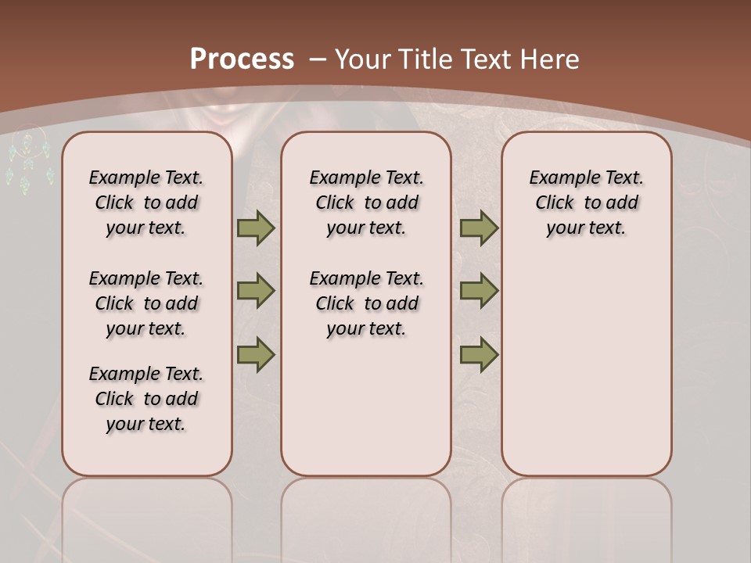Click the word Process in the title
coord(242,59)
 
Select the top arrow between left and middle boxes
coord(255,228)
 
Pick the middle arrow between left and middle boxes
coord(255,291)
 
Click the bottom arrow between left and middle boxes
coord(255,354)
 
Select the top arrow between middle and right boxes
coord(479,228)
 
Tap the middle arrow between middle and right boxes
coord(479,291)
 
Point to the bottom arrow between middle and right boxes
coord(479,354)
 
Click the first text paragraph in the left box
coord(146,203)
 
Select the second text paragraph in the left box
coord(146,303)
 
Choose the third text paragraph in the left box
coord(146,399)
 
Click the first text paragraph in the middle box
coord(366,203)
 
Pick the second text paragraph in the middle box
coord(366,303)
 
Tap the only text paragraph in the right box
coord(587,203)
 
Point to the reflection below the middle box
coord(366,516)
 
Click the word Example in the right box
coord(558,178)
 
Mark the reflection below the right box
coord(587,516)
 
